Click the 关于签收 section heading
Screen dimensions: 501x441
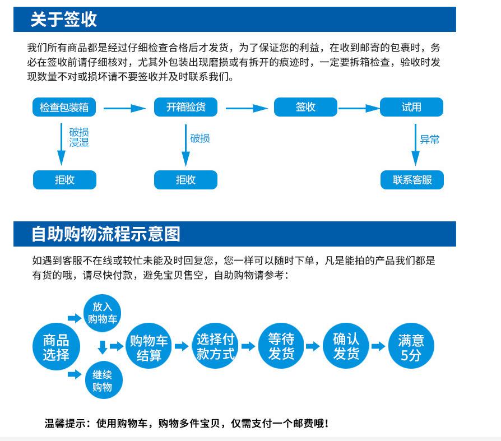(x=63, y=20)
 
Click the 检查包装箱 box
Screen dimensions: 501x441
(x=64, y=107)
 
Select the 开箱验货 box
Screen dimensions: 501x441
(x=185, y=107)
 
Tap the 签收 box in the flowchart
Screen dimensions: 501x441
(x=305, y=107)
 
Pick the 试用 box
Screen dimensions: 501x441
(x=411, y=107)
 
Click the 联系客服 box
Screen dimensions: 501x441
(x=412, y=180)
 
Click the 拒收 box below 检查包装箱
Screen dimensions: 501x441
(x=64, y=180)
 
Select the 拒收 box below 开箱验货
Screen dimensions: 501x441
(x=185, y=180)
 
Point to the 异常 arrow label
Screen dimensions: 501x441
(x=430, y=139)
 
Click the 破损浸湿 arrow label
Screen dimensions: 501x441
(x=79, y=137)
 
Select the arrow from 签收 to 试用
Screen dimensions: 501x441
(x=359, y=108)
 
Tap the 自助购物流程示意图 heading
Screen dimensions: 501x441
(x=106, y=234)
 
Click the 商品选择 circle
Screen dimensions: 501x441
(x=56, y=347)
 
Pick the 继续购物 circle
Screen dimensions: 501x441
(x=102, y=380)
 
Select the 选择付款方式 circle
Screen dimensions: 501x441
(x=215, y=346)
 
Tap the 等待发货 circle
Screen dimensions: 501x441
(x=281, y=346)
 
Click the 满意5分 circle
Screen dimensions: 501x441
(x=411, y=347)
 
